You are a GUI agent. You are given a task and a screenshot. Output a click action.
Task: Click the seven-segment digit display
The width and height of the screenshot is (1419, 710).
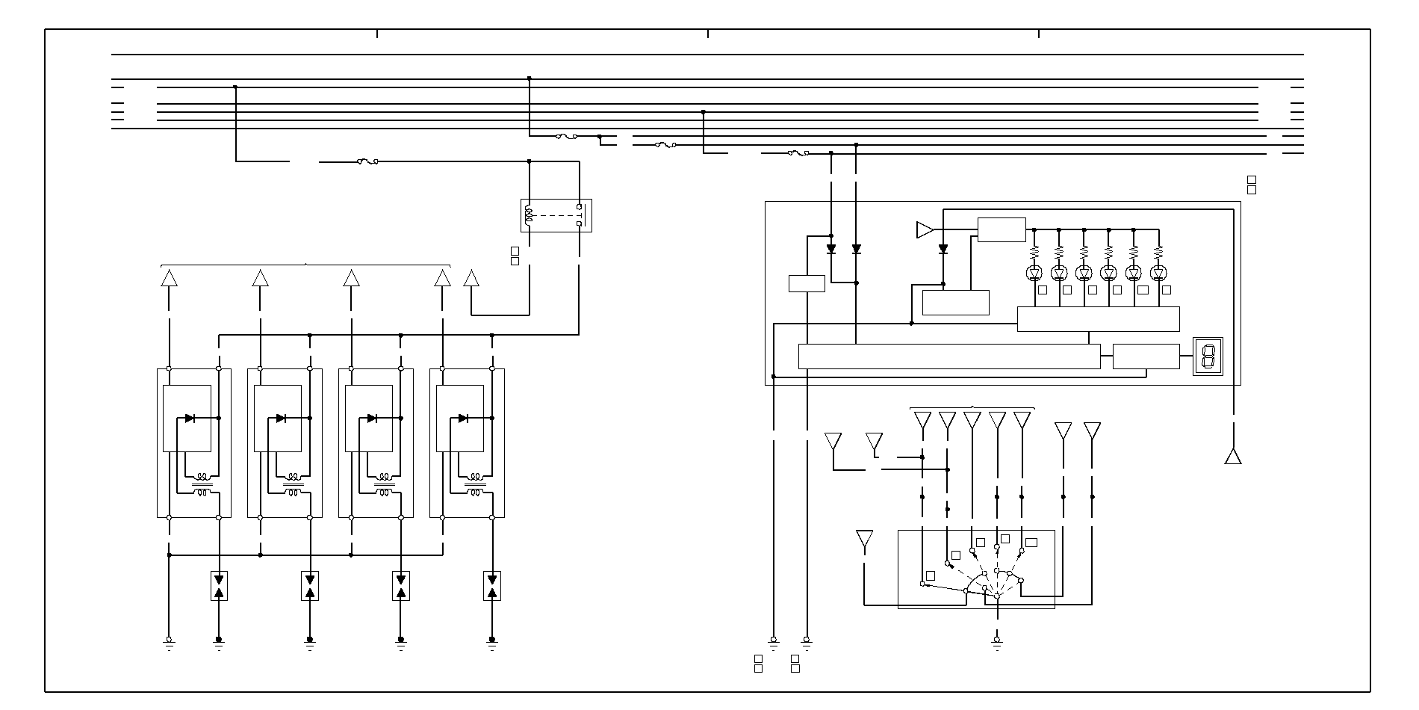[x=1208, y=356]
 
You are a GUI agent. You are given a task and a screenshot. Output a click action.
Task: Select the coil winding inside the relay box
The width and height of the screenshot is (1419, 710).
[x=530, y=216]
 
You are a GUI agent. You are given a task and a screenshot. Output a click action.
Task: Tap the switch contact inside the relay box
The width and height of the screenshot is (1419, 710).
[x=580, y=215]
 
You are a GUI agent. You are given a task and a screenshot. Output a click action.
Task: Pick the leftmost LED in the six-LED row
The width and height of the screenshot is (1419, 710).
[x=1034, y=273]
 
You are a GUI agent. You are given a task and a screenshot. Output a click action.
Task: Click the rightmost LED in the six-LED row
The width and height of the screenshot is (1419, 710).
[x=1158, y=273]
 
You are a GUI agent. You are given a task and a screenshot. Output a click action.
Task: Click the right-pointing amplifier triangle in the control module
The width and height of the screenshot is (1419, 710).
[x=925, y=229]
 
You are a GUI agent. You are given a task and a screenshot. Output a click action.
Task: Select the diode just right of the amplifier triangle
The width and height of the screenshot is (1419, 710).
[x=943, y=249]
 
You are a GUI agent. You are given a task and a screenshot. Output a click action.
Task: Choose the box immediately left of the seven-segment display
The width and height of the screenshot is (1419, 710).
[x=1146, y=356]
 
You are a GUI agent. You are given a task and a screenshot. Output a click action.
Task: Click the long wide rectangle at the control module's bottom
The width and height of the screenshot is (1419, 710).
[x=948, y=356]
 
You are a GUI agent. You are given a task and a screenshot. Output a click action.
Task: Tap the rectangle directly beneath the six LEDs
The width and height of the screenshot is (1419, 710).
[x=1098, y=319]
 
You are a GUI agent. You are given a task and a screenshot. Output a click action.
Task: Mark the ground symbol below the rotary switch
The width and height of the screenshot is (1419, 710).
[x=997, y=640]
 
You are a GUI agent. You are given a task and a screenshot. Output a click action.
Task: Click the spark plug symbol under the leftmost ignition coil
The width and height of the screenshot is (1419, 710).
[x=219, y=586]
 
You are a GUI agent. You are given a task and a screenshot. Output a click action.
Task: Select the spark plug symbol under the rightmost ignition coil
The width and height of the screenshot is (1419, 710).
[x=492, y=586]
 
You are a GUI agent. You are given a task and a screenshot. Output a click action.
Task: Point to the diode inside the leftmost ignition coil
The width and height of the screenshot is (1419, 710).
[x=190, y=419]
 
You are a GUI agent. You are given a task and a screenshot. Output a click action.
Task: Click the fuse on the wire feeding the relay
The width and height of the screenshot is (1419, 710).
[x=367, y=161]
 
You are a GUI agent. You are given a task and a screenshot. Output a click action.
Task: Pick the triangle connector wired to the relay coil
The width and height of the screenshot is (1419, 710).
[x=471, y=279]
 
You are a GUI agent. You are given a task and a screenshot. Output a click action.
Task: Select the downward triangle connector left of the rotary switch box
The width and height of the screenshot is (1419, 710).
[x=864, y=539]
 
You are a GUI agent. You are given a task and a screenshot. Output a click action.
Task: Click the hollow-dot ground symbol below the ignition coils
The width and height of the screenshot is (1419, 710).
[x=169, y=640]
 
